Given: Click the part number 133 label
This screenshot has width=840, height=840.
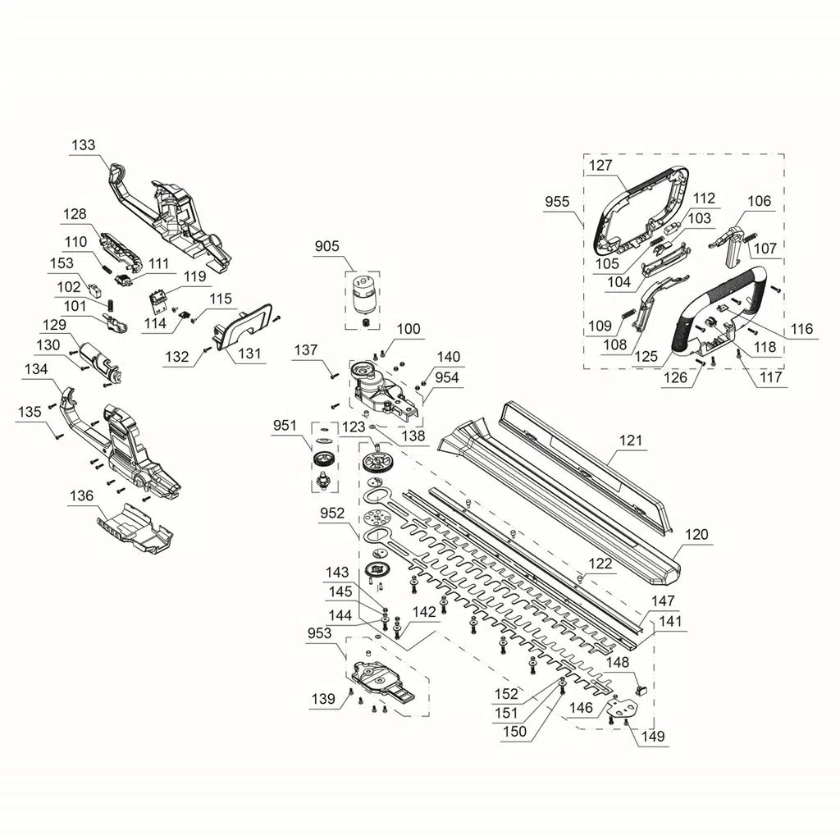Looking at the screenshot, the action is pos(83,145).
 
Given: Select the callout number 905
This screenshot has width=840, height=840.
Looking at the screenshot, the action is pos(326,246).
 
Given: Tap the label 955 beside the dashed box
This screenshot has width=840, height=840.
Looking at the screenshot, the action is pos(557,202).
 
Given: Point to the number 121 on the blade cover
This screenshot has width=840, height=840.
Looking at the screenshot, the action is pos(630,441).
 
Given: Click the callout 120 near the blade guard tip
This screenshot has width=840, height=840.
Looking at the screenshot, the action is pos(696,534).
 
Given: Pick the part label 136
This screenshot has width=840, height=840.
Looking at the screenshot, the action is pos(81,495).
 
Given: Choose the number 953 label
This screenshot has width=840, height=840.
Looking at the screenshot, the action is pos(319,633).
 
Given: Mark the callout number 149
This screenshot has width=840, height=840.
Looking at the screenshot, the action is pos(652,736).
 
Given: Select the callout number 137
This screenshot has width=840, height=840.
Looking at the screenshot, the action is pos(306,349).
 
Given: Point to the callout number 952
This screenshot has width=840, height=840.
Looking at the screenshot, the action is pos(332,514).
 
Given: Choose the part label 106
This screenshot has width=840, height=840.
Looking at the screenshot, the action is pos(759,201).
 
